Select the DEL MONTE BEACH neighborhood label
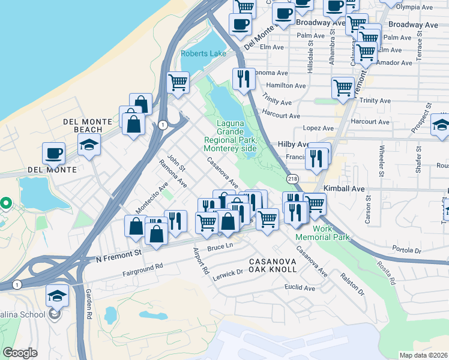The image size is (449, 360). pos(88,125)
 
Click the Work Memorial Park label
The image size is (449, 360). pos(322,232)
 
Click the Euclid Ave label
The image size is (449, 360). pos(300,288)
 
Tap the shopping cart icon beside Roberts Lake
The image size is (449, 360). pos(178,82)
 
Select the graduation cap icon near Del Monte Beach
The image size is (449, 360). pos(89,145)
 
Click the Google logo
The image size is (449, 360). pos(20,353)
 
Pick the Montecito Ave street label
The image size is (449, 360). pos(146,197)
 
